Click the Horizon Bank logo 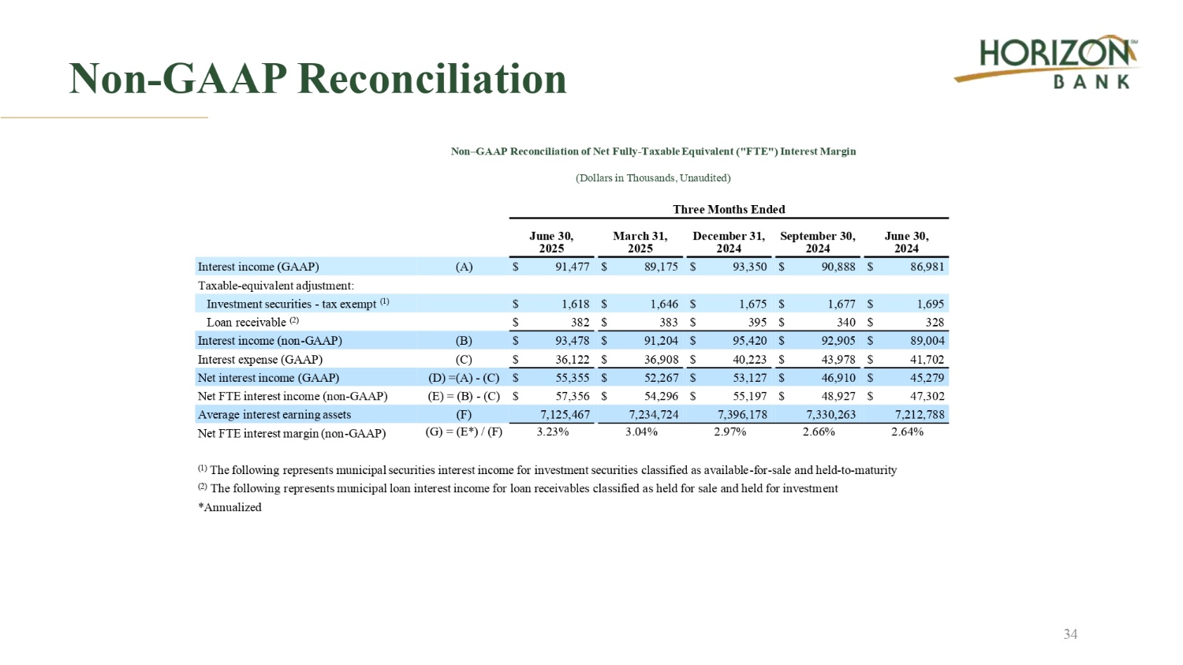[1047, 62]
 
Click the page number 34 [1070, 634]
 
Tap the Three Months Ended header [729, 209]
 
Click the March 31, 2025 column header [640, 242]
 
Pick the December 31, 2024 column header [729, 242]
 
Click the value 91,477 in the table [572, 267]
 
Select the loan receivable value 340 [845, 322]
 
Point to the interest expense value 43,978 [838, 359]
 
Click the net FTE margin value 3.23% [552, 432]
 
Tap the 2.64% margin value [907, 432]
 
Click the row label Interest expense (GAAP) [259, 359]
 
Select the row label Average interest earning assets [274, 414]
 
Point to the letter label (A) [464, 267]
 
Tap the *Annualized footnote [230, 507]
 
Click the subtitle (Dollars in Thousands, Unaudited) [653, 177]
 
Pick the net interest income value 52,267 [661, 378]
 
